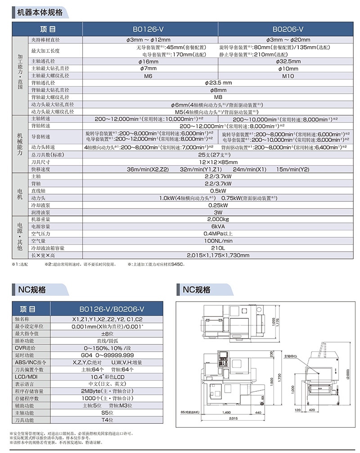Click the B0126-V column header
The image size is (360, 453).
[148, 29]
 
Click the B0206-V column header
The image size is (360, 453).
[288, 29]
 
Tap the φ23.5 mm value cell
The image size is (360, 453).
[218, 83]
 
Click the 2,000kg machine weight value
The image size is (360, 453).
[218, 219]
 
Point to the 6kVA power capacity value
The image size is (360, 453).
[218, 226]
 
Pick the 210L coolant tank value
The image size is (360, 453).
[218, 248]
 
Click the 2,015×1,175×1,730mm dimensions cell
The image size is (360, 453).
[218, 255]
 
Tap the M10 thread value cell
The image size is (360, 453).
[288, 76]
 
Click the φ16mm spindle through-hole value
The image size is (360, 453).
[148, 61]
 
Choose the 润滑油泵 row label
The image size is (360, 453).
[40, 212]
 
